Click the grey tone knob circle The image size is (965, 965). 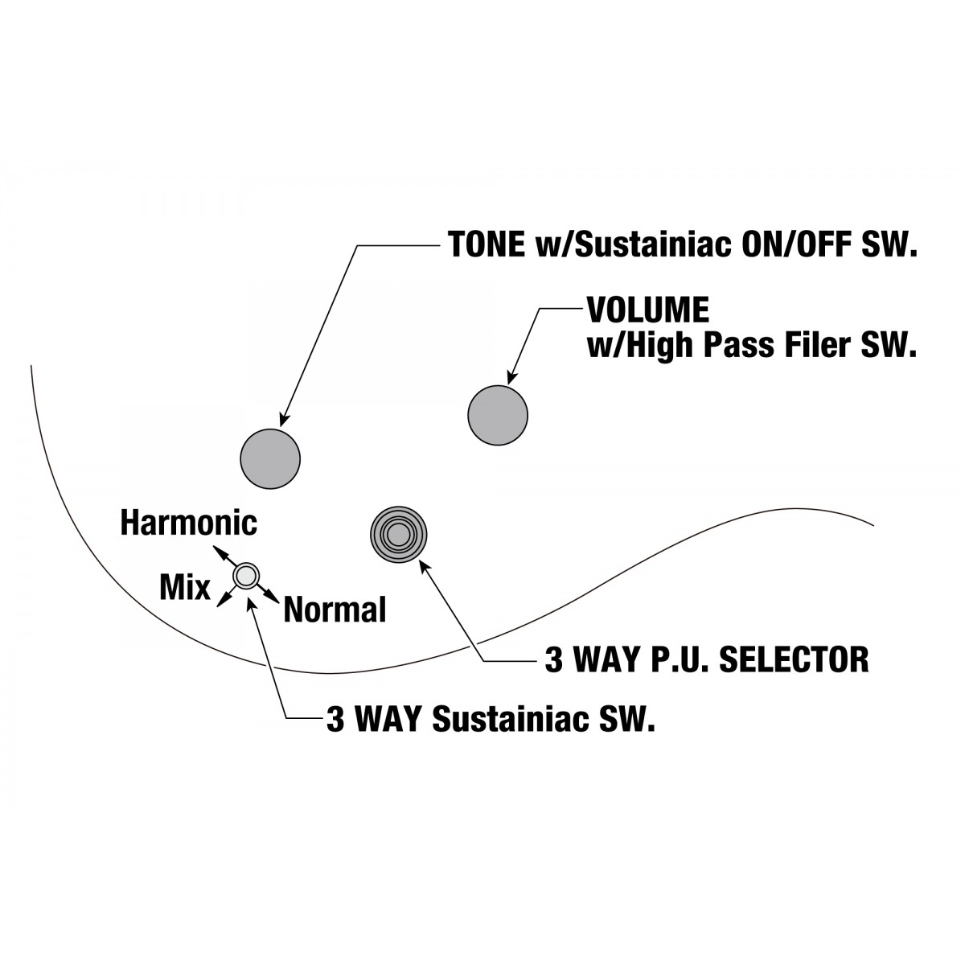[x=270, y=458]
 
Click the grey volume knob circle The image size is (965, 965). [x=497, y=415]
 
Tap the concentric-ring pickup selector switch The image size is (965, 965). [x=399, y=534]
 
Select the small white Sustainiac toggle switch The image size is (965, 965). [x=246, y=576]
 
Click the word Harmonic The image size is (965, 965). [x=189, y=524]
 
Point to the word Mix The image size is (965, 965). [x=185, y=586]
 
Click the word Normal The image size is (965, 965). [x=335, y=610]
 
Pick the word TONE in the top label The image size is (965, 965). [x=487, y=244]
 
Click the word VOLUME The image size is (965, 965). [x=648, y=310]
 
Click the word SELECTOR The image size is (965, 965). [x=795, y=659]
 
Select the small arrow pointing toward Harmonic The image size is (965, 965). [x=224, y=554]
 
